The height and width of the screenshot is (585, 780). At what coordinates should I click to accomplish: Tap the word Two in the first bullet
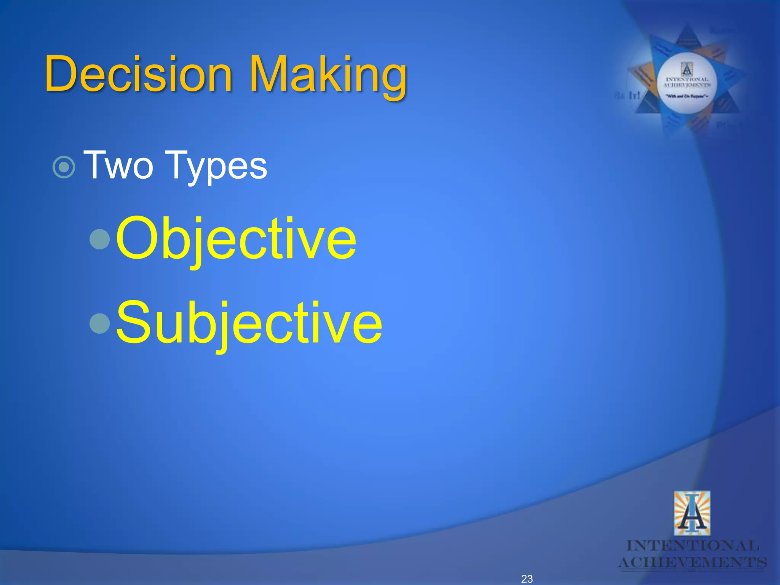[118, 165]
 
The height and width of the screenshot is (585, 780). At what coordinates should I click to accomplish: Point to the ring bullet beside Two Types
[64, 167]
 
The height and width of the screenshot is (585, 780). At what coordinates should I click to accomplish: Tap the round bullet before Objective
[100, 239]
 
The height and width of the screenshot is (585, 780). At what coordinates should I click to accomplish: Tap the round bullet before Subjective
[100, 323]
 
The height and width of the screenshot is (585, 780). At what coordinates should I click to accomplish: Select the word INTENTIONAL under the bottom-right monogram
[693, 546]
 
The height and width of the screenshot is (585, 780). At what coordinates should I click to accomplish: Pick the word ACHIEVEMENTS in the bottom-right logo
[692, 563]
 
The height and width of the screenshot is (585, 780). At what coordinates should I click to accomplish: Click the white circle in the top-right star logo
[687, 83]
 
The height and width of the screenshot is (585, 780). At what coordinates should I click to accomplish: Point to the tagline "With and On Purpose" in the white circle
[687, 96]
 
